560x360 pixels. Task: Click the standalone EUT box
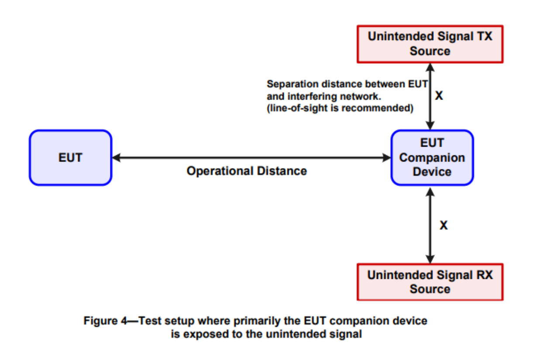tap(71, 158)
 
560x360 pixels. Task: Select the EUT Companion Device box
tap(432, 158)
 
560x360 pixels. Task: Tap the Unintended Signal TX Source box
tap(430, 44)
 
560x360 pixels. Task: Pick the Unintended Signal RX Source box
tap(430, 282)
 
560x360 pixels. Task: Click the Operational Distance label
tap(247, 171)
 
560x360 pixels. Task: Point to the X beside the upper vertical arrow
tap(439, 96)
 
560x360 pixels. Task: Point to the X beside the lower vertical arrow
tap(444, 225)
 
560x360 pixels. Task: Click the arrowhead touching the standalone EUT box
tap(117, 158)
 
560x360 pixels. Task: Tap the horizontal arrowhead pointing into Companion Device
tap(386, 158)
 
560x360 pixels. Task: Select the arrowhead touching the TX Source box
tap(430, 68)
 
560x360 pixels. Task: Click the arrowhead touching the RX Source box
tap(430, 259)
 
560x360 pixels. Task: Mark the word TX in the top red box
tap(485, 36)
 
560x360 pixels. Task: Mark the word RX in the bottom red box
tap(485, 275)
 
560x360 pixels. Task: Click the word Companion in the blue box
tap(432, 158)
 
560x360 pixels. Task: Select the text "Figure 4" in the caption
tap(105, 321)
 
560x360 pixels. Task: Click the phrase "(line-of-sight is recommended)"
tap(340, 108)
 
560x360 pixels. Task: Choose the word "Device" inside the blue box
tap(432, 172)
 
